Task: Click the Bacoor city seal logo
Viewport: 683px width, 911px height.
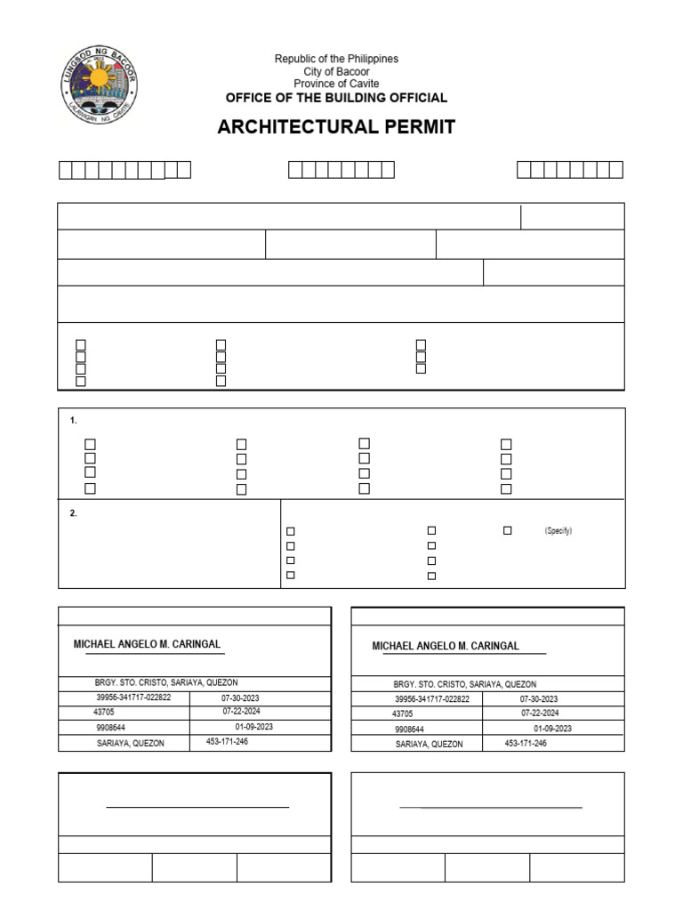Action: point(99,85)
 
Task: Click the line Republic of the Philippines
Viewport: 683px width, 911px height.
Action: point(336,59)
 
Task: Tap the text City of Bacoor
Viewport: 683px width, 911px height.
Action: point(336,71)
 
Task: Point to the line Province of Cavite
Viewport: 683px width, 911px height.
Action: point(336,84)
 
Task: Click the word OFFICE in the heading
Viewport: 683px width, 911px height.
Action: point(252,98)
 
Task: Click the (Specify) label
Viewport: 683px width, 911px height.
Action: point(558,531)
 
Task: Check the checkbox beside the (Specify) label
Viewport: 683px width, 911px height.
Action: point(508,530)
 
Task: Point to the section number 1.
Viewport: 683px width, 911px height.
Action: point(73,420)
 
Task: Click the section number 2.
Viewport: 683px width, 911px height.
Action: point(73,513)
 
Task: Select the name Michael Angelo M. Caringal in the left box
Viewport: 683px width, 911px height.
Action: point(147,644)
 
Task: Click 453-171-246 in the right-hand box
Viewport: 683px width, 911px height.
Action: point(526,743)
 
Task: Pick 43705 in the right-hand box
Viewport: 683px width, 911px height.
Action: point(403,713)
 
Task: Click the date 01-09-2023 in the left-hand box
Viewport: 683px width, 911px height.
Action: point(253,727)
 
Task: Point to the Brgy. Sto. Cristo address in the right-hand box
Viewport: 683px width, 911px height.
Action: point(453,685)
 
